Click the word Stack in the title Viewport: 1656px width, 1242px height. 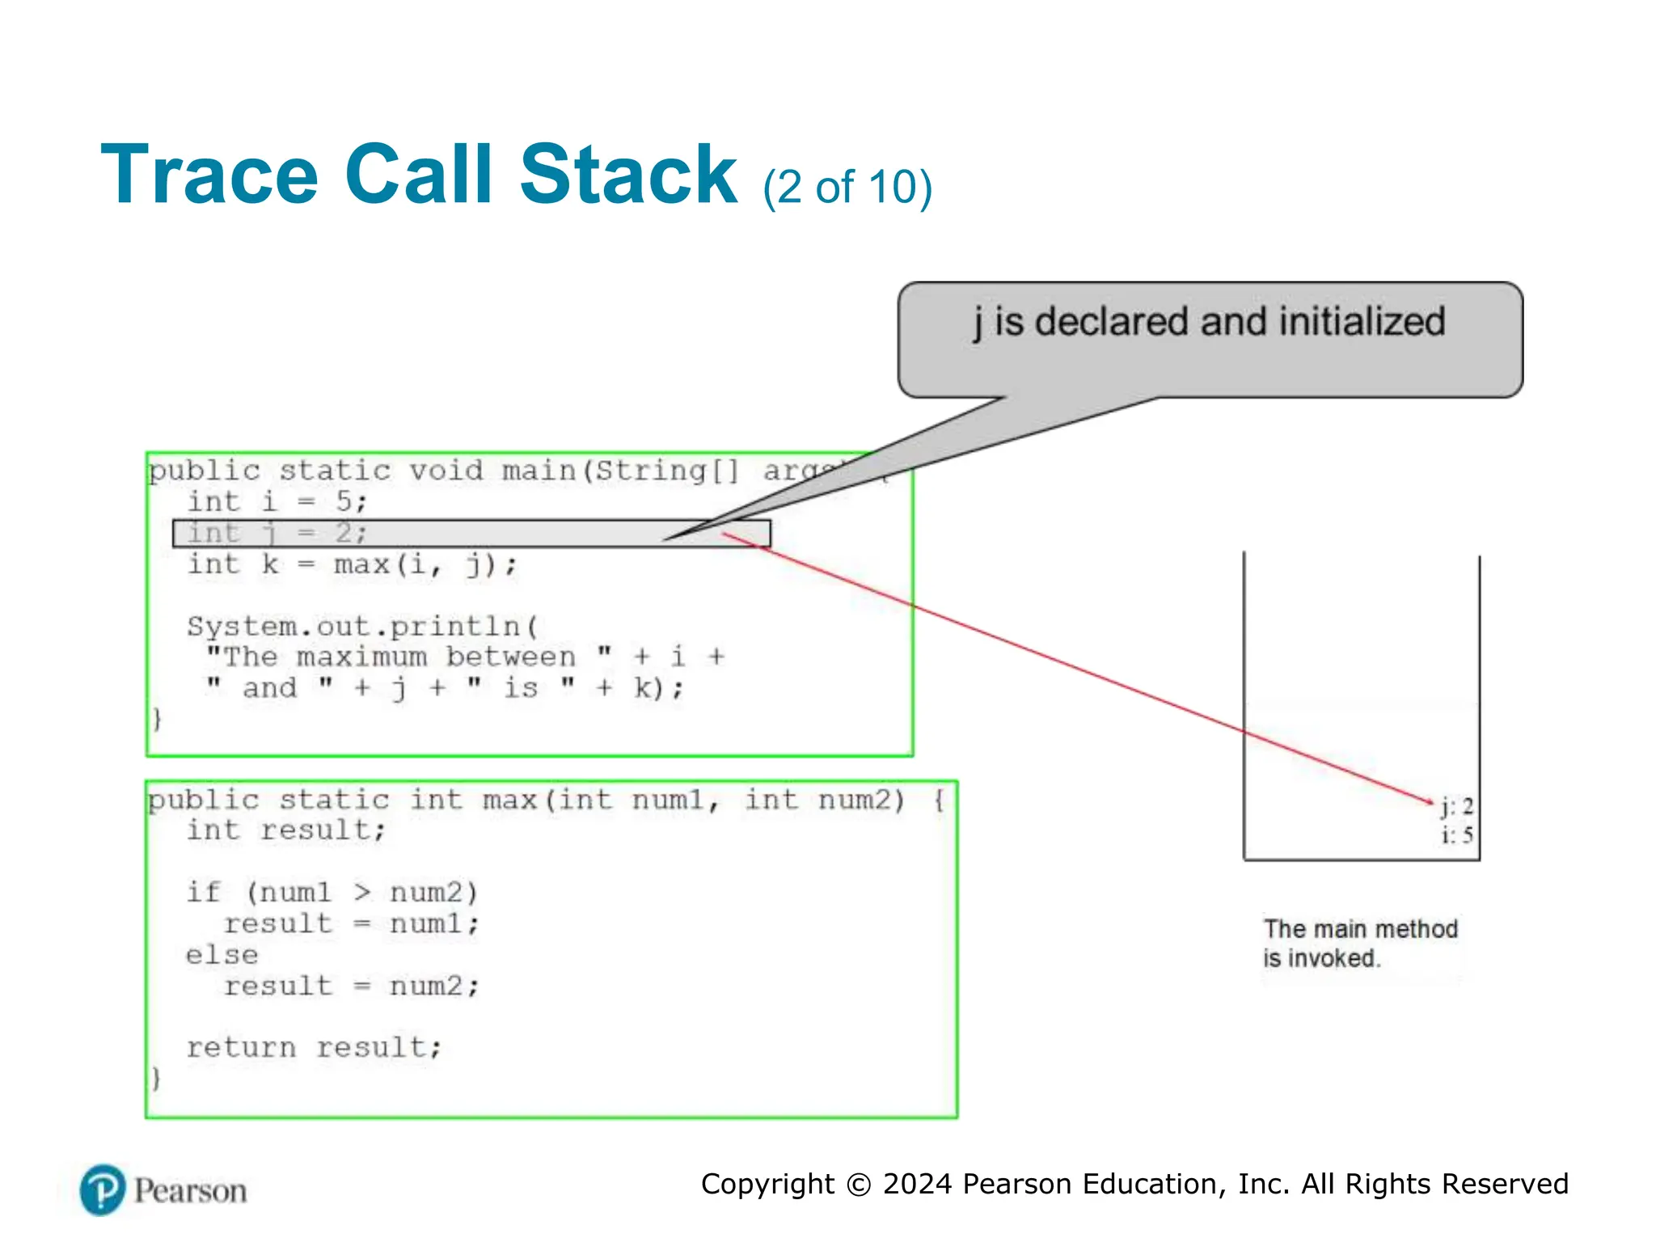point(627,175)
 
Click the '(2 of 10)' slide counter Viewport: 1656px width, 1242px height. point(847,188)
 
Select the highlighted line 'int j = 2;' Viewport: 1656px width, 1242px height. point(277,534)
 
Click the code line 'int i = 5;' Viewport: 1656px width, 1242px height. point(277,502)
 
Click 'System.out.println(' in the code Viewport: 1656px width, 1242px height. point(362,627)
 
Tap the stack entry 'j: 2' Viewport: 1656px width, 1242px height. point(1457,806)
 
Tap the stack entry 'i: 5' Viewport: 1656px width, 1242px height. point(1457,835)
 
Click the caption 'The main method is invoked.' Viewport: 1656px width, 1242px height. point(1360,944)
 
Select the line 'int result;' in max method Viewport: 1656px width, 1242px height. point(285,830)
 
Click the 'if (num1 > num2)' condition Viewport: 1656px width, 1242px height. point(332,893)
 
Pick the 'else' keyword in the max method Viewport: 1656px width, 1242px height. point(222,955)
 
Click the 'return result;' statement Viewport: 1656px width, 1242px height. point(314,1048)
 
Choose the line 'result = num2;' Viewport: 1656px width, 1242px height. point(352,986)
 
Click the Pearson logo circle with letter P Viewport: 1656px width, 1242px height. point(103,1190)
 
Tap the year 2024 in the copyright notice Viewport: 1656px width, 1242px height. point(917,1184)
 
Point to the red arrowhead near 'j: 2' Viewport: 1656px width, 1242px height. point(1428,801)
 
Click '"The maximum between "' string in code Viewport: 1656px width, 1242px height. point(408,657)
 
